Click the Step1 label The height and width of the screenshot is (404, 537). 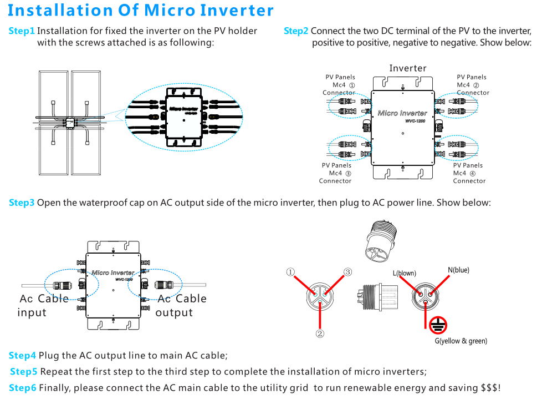(x=22, y=31)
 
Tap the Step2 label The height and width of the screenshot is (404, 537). (x=296, y=31)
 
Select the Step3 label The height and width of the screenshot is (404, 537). (x=22, y=203)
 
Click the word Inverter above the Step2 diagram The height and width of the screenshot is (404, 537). (x=407, y=68)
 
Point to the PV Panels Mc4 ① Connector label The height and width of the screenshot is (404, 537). (x=339, y=85)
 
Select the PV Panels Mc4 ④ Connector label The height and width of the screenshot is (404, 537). (x=468, y=173)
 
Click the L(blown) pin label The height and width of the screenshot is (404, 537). (x=404, y=273)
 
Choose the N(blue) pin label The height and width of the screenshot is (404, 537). (x=458, y=270)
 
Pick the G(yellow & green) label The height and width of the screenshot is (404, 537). (x=461, y=341)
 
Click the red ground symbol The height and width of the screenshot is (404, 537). (x=438, y=326)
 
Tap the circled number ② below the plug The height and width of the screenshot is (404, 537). (x=320, y=334)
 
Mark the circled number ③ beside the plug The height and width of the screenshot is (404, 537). (x=348, y=272)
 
